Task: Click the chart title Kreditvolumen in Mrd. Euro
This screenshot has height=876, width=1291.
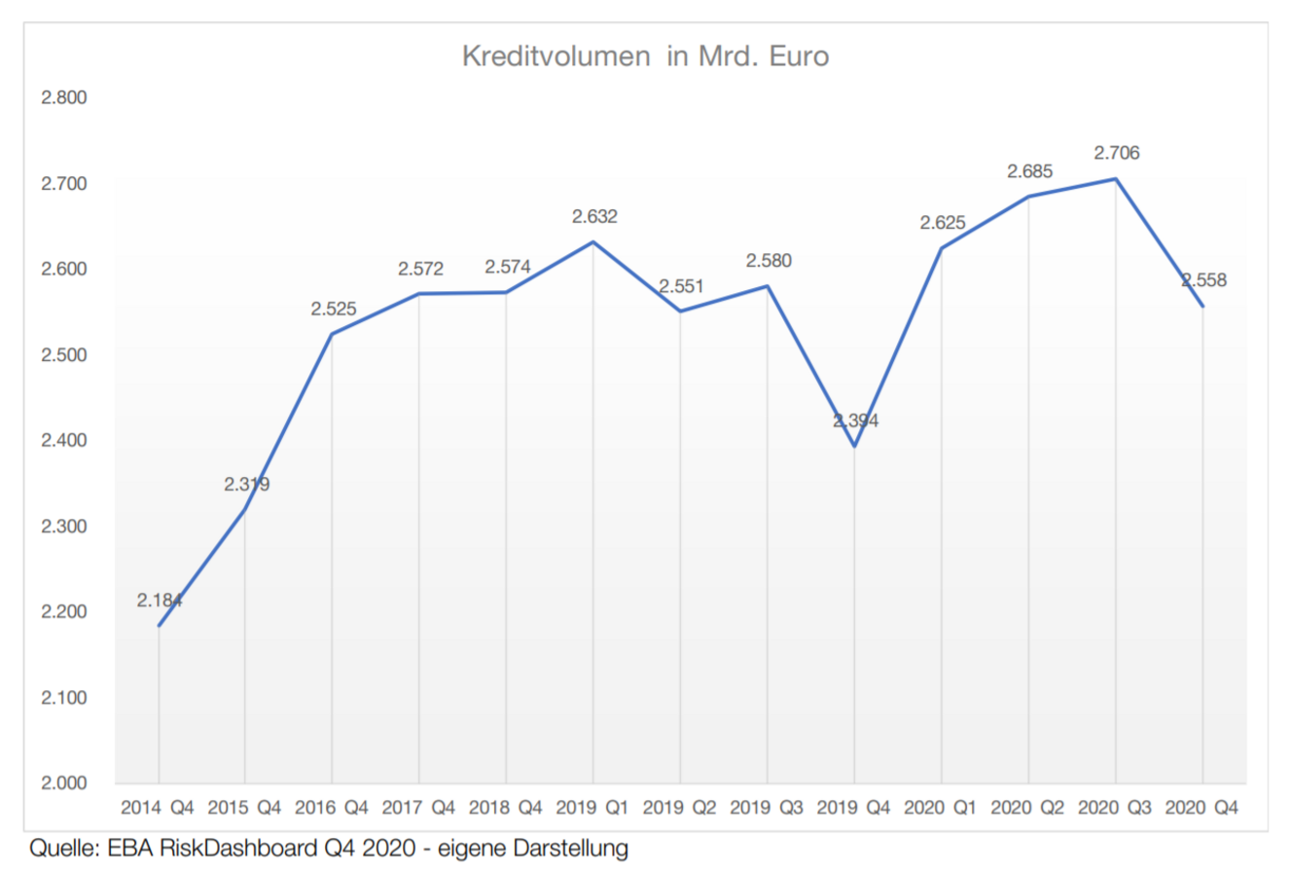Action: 645,56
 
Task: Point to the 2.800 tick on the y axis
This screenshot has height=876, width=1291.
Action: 64,97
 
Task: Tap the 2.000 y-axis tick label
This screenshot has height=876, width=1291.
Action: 64,783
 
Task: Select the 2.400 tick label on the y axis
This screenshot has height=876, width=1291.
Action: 64,440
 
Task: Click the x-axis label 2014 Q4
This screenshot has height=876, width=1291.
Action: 158,808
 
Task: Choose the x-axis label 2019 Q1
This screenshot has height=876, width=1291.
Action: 592,808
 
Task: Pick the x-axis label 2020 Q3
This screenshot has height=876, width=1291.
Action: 1115,808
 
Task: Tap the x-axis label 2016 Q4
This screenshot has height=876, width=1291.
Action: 332,808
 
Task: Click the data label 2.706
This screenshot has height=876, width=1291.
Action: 1117,153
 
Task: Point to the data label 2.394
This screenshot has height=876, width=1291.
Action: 856,420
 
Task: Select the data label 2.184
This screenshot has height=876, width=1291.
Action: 160,601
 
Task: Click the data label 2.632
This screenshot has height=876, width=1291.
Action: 594,216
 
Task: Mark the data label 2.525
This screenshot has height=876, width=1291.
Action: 334,309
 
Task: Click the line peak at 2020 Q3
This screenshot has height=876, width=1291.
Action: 1115,179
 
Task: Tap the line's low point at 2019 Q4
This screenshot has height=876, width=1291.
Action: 854,446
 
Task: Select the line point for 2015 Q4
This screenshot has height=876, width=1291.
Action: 245,509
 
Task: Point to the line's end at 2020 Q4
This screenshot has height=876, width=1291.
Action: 1202,306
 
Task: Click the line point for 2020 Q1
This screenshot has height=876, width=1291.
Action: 941,248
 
